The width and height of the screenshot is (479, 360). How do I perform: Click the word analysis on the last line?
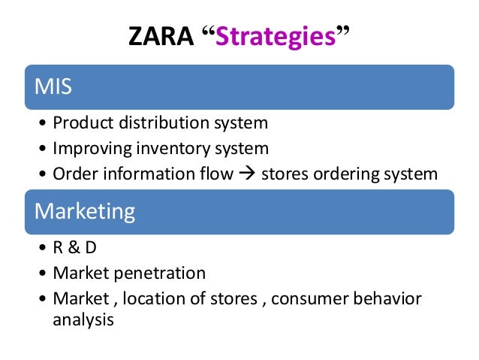(83, 319)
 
